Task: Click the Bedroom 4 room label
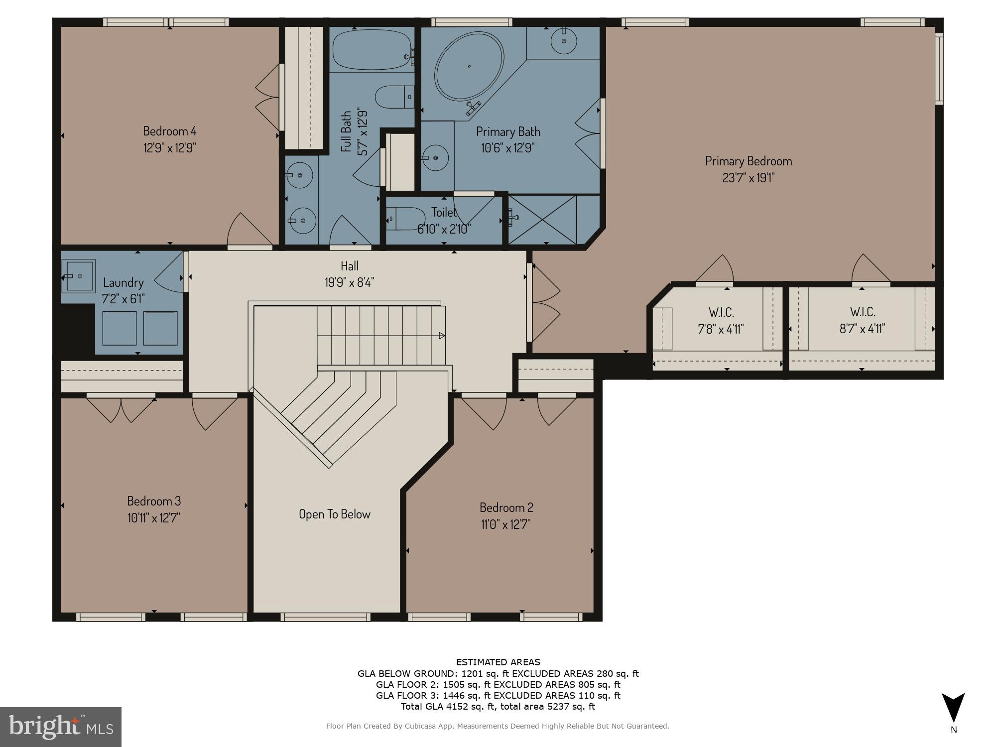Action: (x=169, y=131)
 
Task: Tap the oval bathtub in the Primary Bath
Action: (x=469, y=67)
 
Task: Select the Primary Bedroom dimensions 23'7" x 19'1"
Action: (x=748, y=178)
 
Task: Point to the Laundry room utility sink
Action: (x=79, y=275)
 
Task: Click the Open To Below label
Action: (x=334, y=514)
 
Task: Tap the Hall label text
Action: (x=349, y=266)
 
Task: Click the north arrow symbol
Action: (x=953, y=708)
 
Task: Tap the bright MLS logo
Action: (x=60, y=727)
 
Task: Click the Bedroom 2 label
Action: (x=506, y=507)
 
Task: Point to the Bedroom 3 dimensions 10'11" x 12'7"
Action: (x=153, y=518)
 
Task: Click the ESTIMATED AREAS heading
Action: (x=498, y=662)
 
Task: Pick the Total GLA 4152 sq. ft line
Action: (x=498, y=706)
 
